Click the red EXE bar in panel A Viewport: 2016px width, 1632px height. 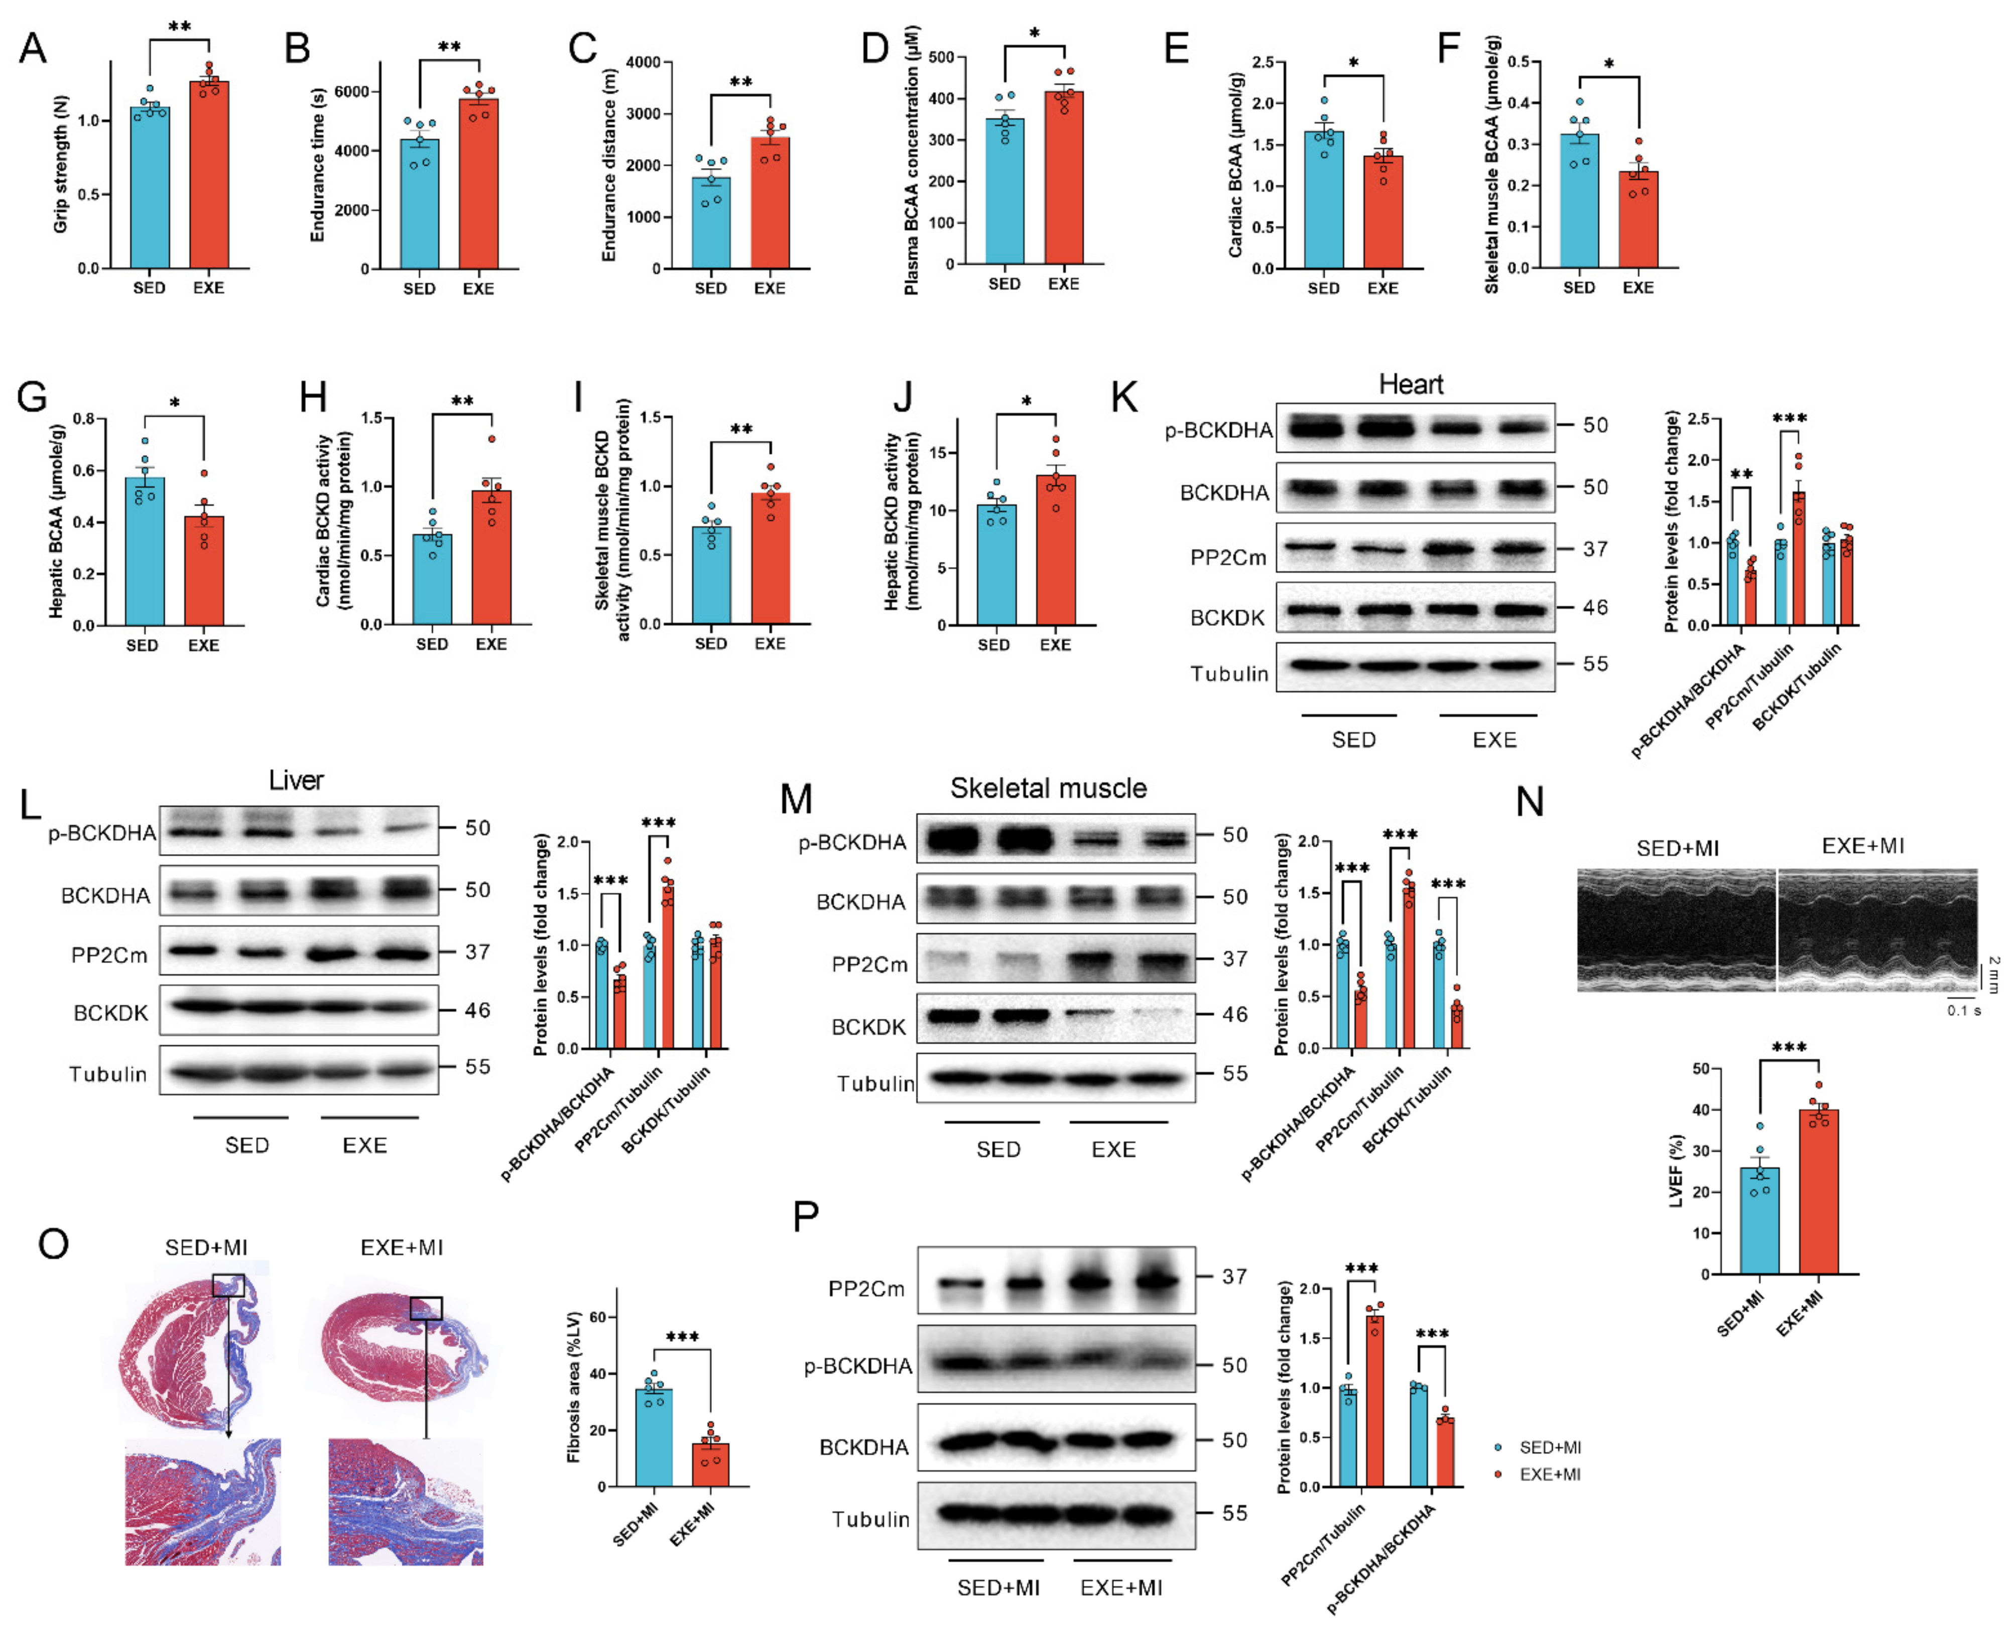209,175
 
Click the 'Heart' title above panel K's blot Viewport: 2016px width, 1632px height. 1411,384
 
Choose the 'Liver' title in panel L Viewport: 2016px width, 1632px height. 296,780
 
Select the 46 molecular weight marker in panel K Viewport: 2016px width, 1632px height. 1595,607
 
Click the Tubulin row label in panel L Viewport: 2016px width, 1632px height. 108,1073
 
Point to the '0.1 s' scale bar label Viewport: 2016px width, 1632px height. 1963,1011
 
